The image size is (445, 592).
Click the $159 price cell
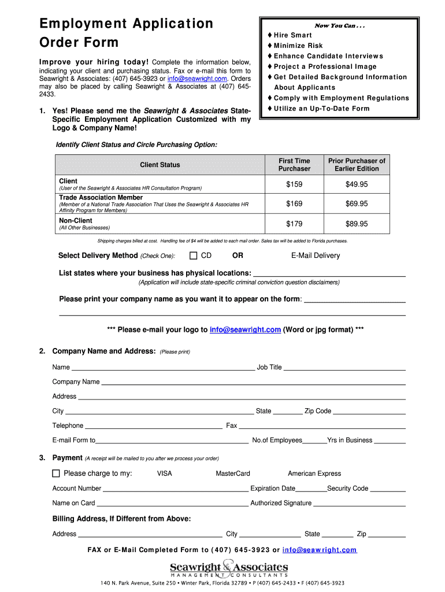pos(294,184)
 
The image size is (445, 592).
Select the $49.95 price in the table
pos(357,184)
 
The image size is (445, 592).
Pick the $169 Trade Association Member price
pos(294,203)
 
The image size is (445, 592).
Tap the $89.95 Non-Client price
pos(357,224)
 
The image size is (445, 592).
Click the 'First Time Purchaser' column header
pos(294,165)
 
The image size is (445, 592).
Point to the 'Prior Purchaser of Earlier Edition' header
pos(357,165)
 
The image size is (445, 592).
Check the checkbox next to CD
pos(194,256)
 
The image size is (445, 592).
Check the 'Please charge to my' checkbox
pos(56,473)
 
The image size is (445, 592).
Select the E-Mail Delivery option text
pos(315,256)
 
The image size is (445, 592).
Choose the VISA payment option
pos(164,473)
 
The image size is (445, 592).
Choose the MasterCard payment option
pos(233,473)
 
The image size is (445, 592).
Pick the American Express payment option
pos(314,473)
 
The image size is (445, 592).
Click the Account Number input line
pos(176,490)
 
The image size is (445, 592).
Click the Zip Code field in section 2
pos(369,413)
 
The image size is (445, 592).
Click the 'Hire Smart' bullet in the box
pos(292,35)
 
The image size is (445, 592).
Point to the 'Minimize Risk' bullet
pos(298,46)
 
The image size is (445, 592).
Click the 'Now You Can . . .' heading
pos(339,25)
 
